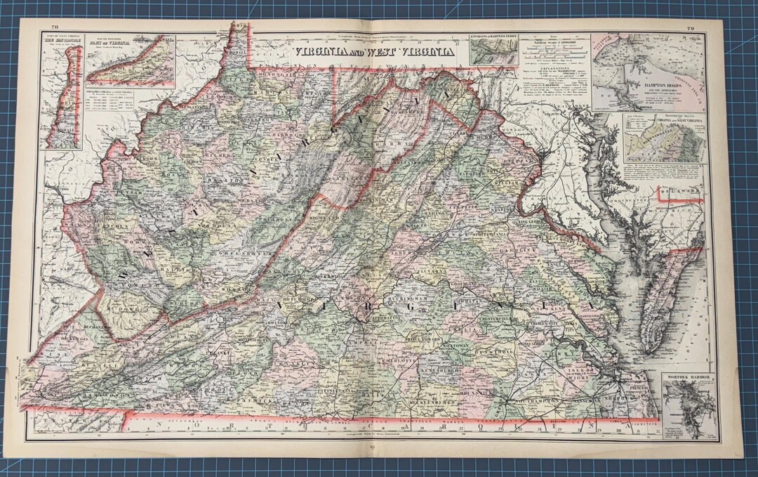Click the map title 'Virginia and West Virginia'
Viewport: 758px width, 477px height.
[373, 51]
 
